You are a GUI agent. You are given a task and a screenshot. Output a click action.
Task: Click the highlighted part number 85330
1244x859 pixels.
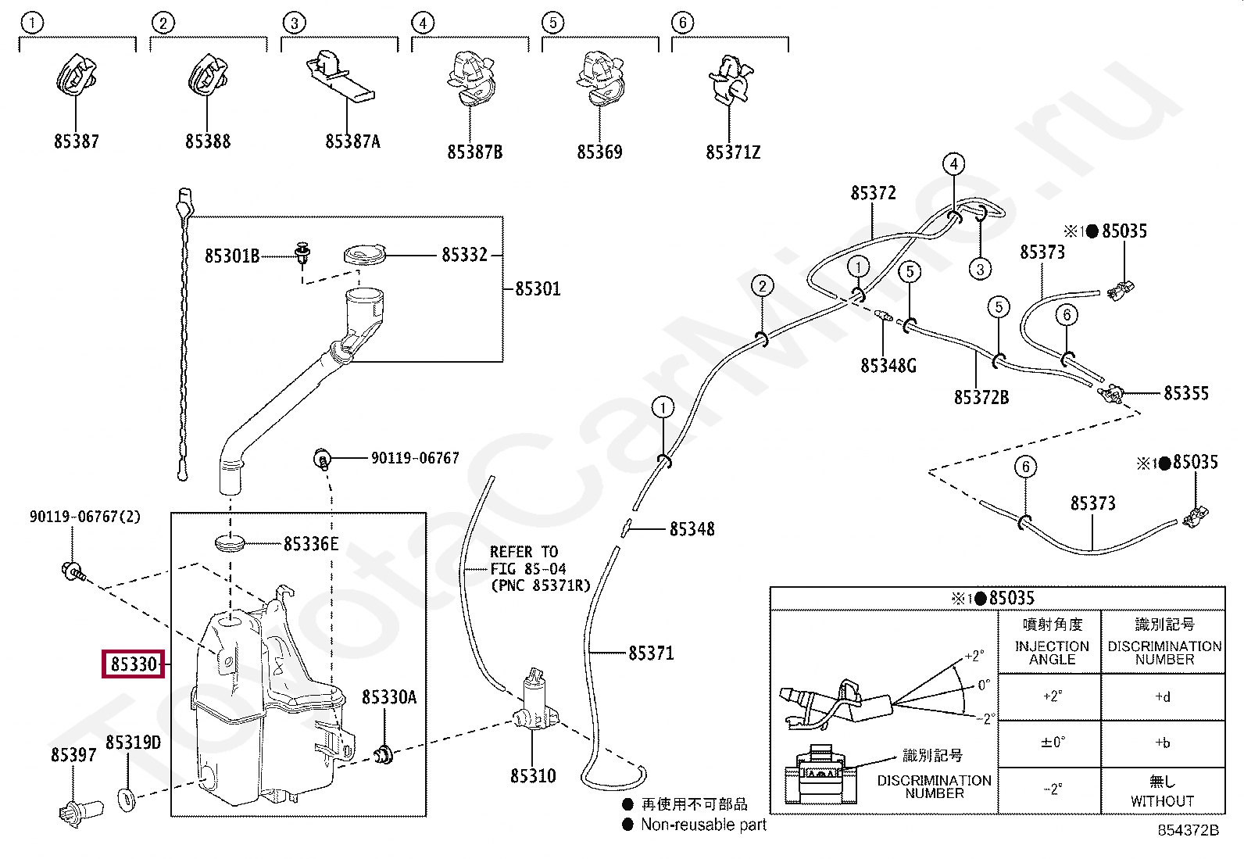tap(134, 664)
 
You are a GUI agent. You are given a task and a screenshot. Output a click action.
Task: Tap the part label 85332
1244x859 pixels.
tap(464, 255)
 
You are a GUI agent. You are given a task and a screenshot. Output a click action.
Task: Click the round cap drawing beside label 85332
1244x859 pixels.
tap(365, 256)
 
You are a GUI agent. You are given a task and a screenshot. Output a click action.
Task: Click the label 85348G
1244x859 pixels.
tap(888, 366)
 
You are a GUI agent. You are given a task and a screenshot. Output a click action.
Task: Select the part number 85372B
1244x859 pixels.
tap(981, 398)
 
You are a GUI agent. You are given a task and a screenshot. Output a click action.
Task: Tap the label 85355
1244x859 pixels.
tap(1185, 393)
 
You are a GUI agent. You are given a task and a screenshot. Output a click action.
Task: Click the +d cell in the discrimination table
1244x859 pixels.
tap(1163, 697)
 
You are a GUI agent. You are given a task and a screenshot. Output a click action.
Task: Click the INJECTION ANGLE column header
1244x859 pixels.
tap(1051, 652)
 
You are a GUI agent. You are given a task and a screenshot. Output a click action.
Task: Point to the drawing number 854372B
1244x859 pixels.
tap(1188, 830)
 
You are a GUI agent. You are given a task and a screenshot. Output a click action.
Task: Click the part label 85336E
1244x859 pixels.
tap(311, 544)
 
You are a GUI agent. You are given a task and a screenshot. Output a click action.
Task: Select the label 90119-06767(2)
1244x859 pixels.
tap(85, 517)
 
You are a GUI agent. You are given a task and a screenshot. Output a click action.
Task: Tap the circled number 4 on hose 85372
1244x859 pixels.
tap(953, 164)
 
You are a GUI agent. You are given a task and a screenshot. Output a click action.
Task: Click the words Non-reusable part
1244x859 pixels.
tap(703, 825)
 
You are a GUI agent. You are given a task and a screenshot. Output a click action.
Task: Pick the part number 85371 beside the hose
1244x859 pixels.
tap(650, 653)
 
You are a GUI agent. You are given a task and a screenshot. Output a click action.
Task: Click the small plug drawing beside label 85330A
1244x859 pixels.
tap(384, 755)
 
